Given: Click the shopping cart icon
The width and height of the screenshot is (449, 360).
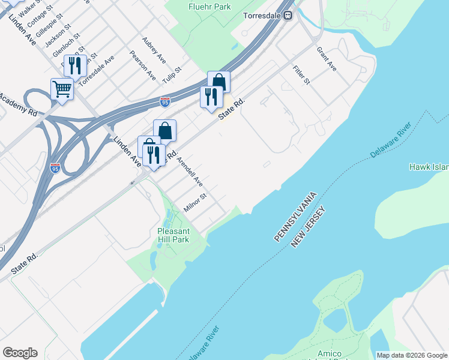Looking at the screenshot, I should point(62,89).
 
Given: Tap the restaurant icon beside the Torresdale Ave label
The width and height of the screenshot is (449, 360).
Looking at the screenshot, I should point(75,65).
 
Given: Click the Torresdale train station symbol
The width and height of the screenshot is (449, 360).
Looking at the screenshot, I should point(288,16).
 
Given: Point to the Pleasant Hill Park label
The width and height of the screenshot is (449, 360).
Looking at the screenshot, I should point(173,235).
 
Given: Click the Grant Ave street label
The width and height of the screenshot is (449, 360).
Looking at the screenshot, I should point(327,59).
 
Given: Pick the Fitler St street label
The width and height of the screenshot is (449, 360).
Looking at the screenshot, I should point(301,73).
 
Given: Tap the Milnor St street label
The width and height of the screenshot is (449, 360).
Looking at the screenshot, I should point(195,202).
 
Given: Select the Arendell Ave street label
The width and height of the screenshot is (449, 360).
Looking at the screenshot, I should point(190,171).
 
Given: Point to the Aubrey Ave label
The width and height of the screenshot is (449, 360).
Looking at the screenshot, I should point(154,50).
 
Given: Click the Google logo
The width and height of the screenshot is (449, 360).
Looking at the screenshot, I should point(20,353).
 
